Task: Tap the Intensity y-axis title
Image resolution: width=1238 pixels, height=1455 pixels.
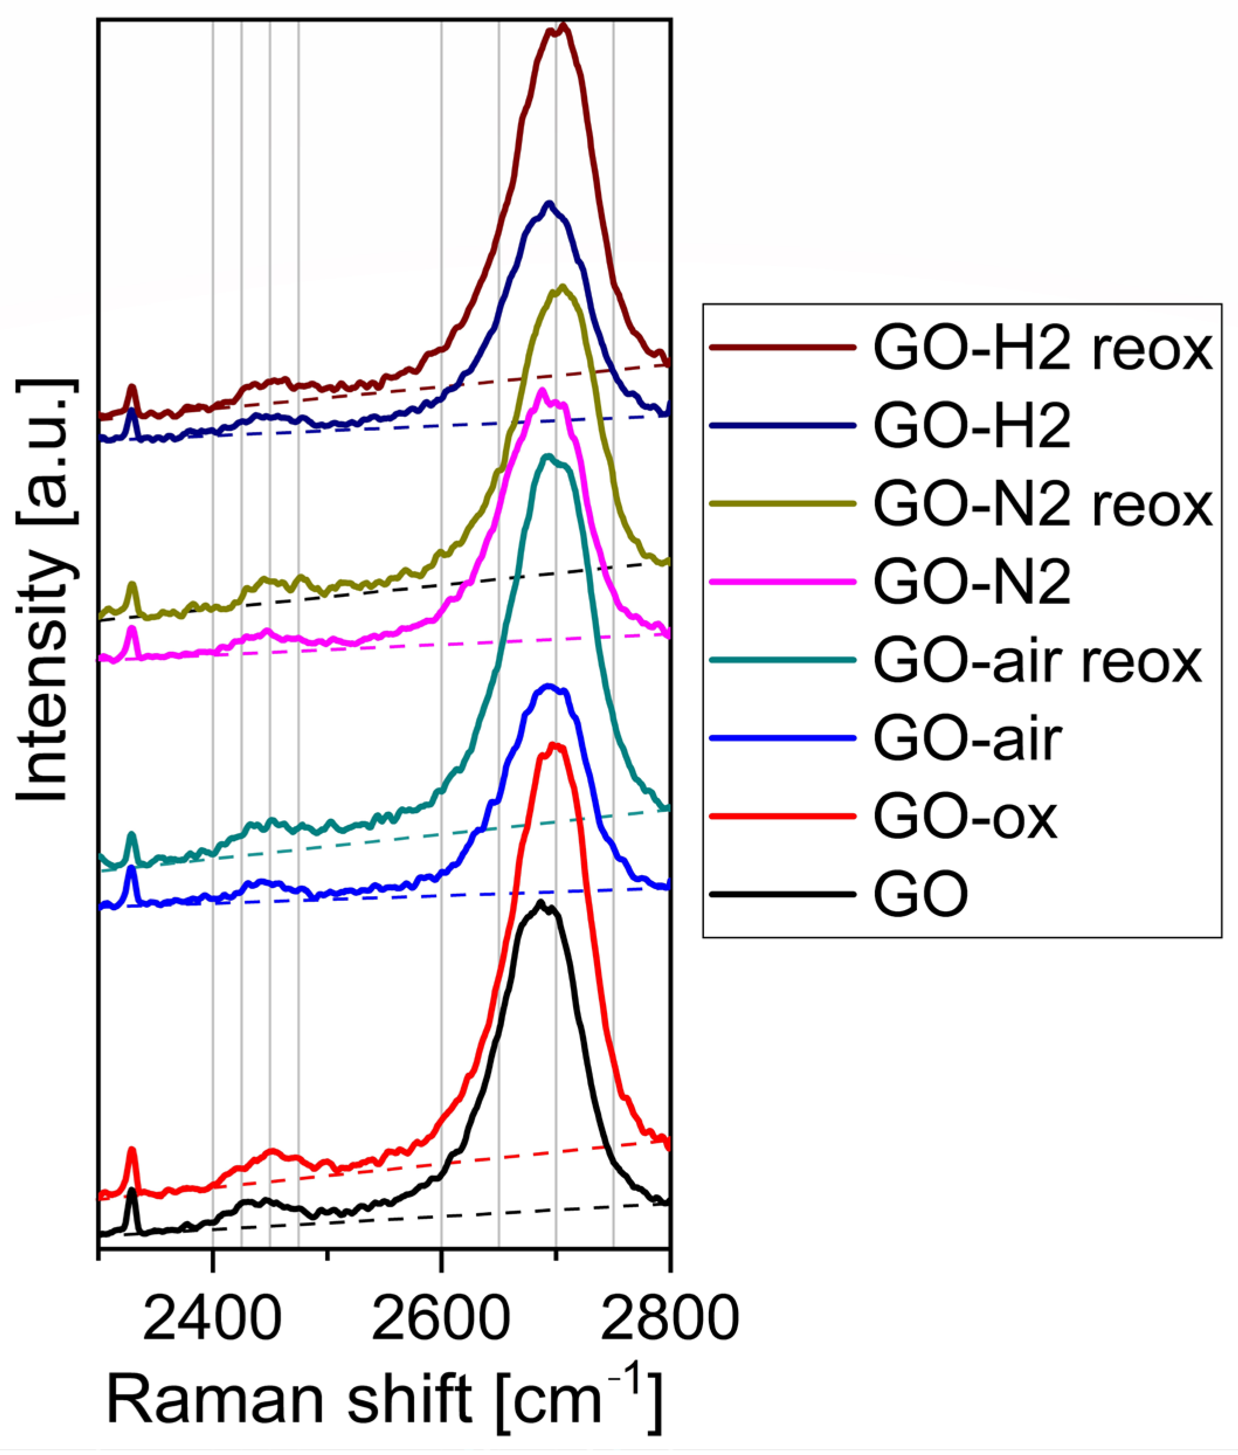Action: (x=43, y=589)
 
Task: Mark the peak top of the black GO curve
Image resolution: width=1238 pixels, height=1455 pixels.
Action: (x=540, y=902)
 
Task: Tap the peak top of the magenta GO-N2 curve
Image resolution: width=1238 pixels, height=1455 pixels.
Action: (x=540, y=390)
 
